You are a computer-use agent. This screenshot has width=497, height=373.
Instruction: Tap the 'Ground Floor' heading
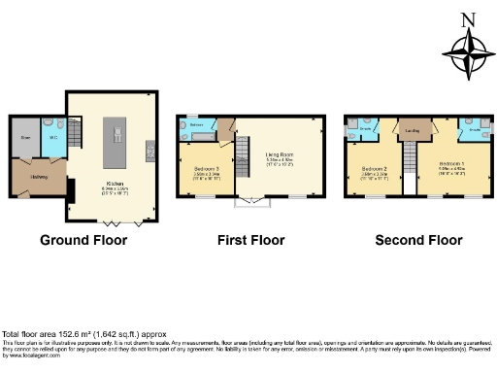pos(83,239)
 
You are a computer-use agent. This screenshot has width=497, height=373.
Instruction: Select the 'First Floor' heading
pos(250,239)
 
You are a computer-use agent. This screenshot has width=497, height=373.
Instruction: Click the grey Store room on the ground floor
pos(26,138)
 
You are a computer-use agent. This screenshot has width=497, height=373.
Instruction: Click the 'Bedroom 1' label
pos(448,162)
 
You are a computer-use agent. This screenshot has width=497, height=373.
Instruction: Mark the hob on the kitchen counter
pos(151,148)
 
